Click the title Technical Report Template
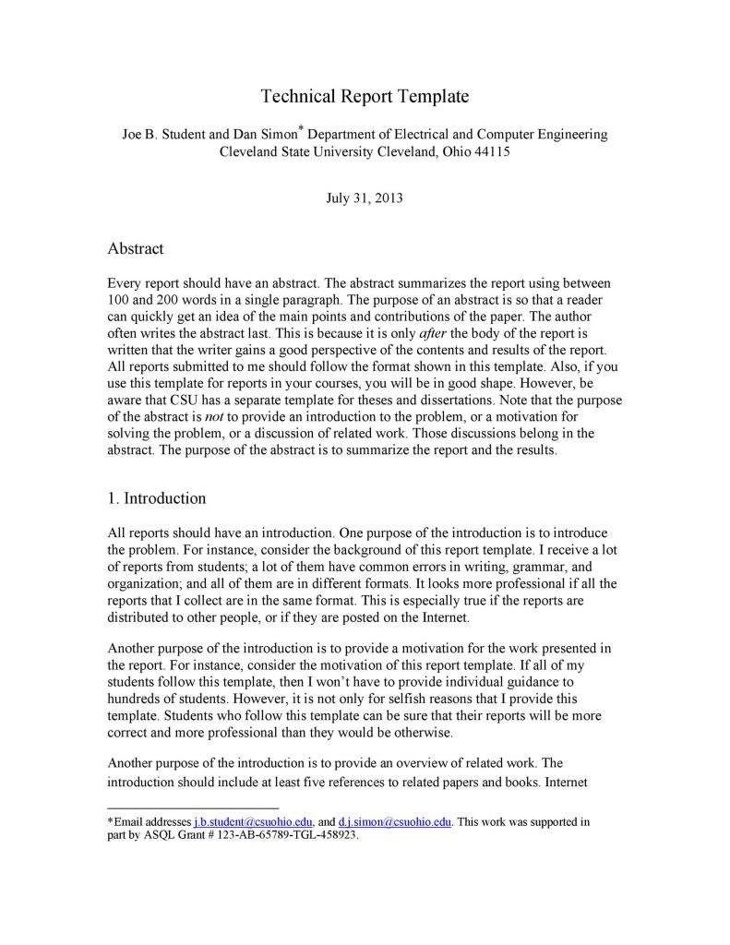click(365, 96)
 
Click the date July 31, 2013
click(365, 197)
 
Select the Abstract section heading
click(136, 249)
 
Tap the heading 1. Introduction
click(157, 498)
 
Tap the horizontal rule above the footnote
click(174, 807)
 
